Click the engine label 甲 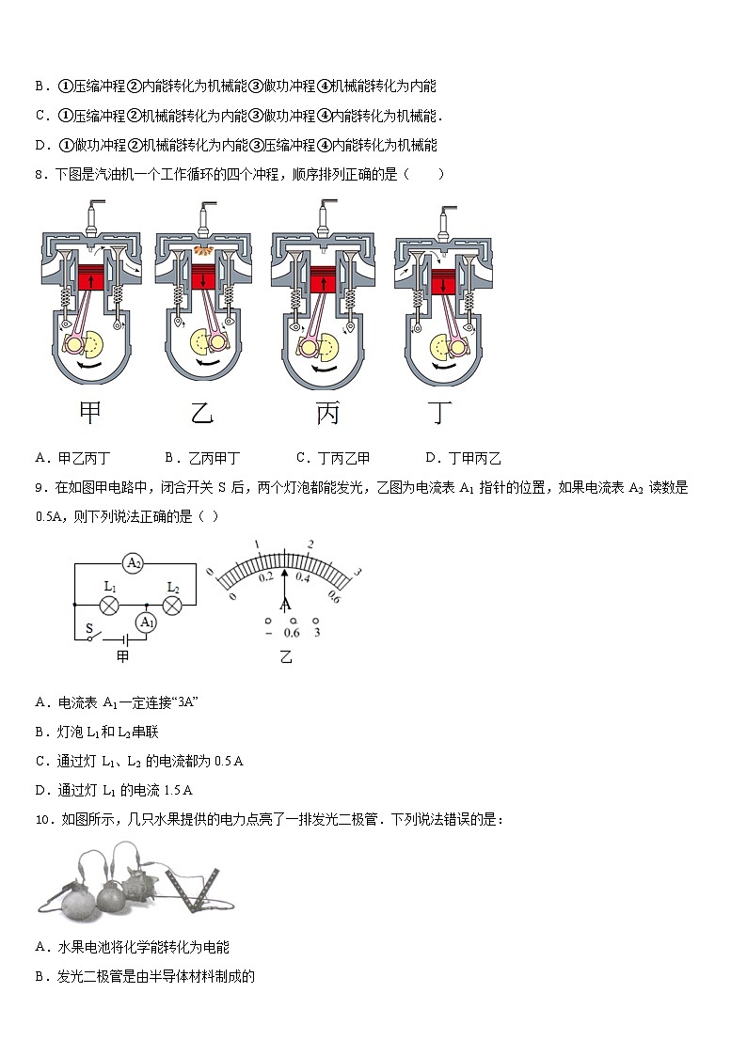pos(90,414)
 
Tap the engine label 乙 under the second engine pos(202,414)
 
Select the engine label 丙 pos(326,414)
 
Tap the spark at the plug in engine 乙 pos(201,251)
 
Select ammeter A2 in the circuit pos(133,563)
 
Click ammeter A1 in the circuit pos(145,622)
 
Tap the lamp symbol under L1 pos(109,605)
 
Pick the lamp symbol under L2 pos(172,605)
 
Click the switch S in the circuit pos(90,637)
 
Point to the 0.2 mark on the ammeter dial pos(264,575)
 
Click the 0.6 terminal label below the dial pos(292,633)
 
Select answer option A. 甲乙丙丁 pos(72,458)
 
